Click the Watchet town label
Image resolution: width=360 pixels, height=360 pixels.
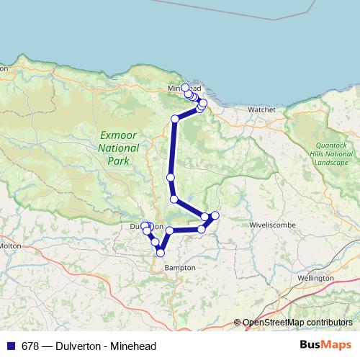click(x=261, y=109)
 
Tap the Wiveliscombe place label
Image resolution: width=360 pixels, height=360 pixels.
click(x=269, y=225)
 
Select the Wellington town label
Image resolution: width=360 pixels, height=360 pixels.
click(x=315, y=277)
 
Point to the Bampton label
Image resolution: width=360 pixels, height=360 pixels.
click(x=180, y=267)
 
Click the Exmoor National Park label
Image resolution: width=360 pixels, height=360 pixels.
click(x=119, y=148)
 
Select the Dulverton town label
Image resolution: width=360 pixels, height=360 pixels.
click(x=141, y=227)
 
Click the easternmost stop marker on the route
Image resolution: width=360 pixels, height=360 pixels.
click(x=215, y=215)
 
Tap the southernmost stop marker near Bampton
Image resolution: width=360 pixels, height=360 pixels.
click(x=161, y=253)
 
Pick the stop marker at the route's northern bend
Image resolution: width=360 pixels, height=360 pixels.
click(x=175, y=119)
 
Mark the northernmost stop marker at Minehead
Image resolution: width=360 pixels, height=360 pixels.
click(x=185, y=87)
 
